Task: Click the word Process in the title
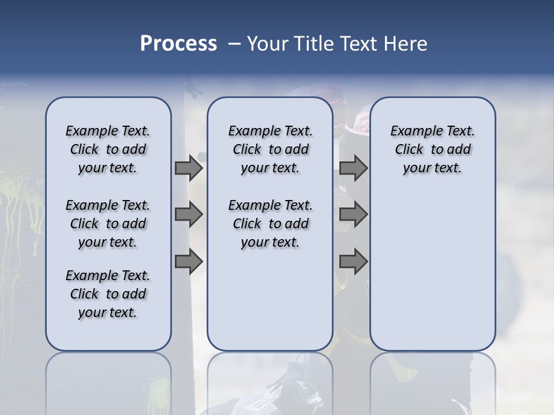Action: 178,43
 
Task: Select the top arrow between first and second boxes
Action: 189,168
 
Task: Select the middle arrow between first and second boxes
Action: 189,215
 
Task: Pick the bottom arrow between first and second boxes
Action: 189,262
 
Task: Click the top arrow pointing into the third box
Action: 353,168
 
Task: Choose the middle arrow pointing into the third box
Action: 353,215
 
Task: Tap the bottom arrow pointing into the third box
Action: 353,262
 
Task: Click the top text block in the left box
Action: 108,149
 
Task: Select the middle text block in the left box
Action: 108,224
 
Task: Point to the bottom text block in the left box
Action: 108,294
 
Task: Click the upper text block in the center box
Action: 270,149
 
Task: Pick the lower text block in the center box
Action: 270,224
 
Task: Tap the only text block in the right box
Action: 432,149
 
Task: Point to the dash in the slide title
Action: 234,44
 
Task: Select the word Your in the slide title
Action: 266,43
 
